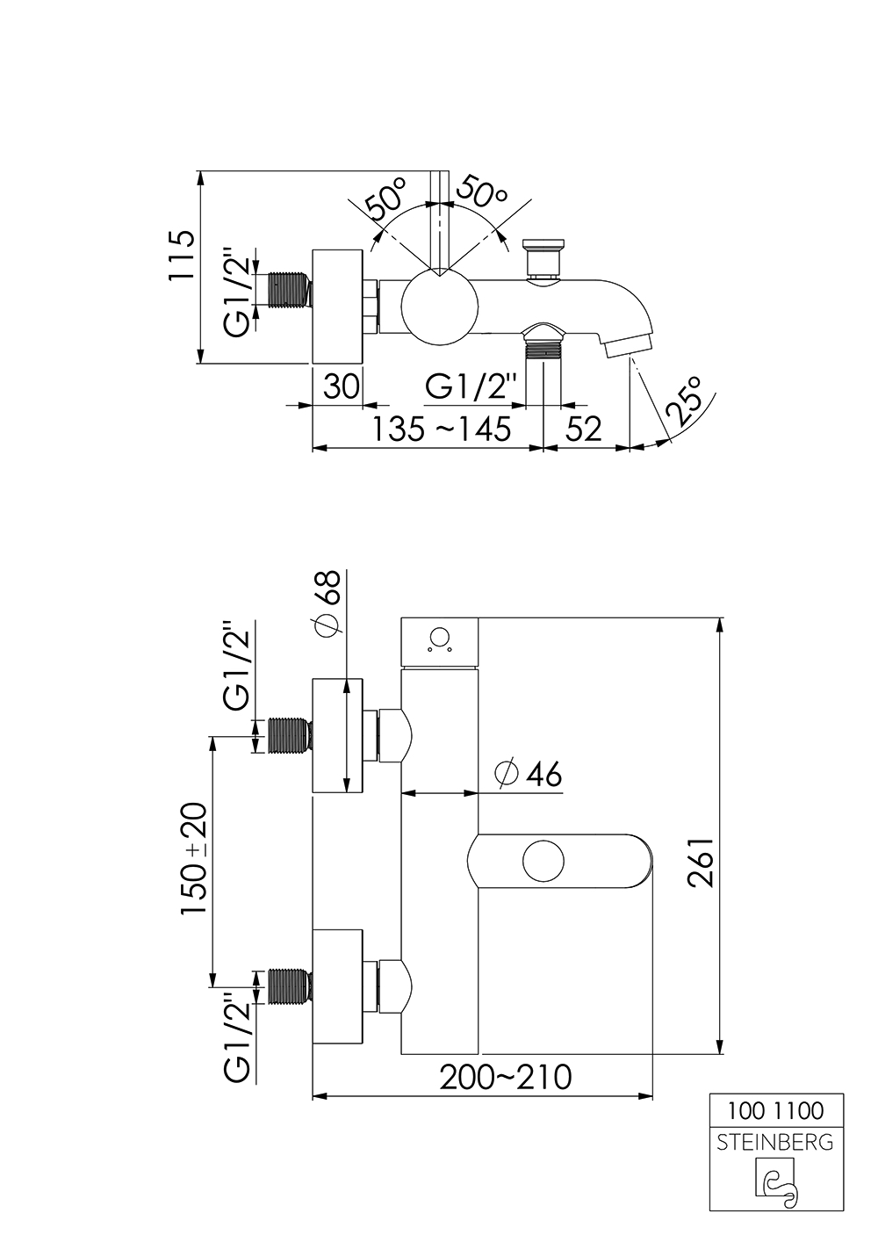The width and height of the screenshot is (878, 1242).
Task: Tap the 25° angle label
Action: [685, 400]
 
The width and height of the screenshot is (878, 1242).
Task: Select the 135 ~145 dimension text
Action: [441, 430]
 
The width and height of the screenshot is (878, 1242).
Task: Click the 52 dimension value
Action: [584, 430]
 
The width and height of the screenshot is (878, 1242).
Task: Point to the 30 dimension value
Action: [341, 386]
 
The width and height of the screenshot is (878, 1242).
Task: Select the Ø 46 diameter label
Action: [528, 774]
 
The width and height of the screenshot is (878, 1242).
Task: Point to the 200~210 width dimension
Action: [506, 1077]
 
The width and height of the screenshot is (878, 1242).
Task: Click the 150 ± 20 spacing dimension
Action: [194, 859]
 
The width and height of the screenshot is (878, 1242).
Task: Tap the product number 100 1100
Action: [775, 1111]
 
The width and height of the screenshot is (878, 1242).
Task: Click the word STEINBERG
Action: [775, 1143]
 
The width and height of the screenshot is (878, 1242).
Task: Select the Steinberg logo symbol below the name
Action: [775, 1181]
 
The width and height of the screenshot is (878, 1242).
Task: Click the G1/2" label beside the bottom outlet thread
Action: [475, 386]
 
